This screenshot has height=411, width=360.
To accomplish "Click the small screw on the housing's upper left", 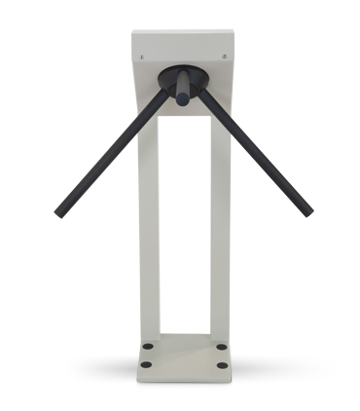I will pos(143,57).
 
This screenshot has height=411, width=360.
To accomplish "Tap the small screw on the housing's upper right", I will pos(226,57).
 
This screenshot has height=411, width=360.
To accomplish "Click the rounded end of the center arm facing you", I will pos(182,99).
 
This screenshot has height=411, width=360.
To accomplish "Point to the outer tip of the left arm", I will pos(59,212).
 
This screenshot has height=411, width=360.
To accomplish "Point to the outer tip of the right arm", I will pos(308,211).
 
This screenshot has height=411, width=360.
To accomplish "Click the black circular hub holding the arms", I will pos(183,80).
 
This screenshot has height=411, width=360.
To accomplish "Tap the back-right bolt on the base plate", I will pos(221,347).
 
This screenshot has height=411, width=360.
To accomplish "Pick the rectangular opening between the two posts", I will pos(184,224).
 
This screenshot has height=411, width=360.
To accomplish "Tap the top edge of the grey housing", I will pos(184,32).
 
